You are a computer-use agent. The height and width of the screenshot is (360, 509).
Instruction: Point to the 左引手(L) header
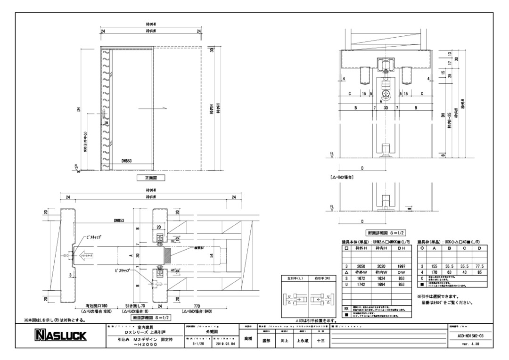[x=295, y=278]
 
